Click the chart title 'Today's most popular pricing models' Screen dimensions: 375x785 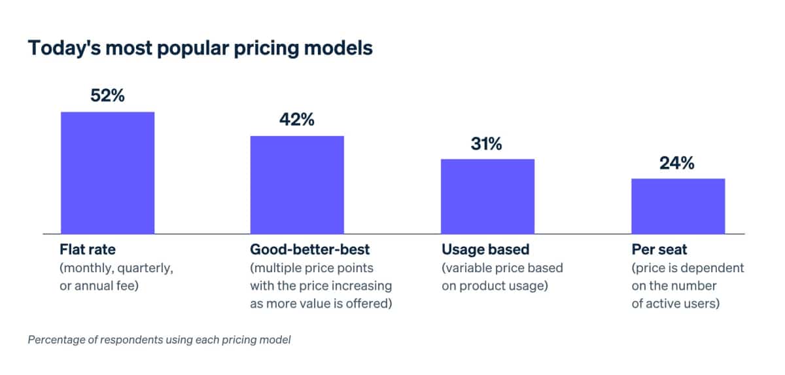click(x=200, y=49)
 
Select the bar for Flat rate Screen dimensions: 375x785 click(x=108, y=173)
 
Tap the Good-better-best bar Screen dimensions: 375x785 click(x=297, y=185)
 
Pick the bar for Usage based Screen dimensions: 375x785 click(x=487, y=196)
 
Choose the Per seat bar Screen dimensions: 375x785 click(x=678, y=206)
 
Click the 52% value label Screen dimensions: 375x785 click(x=107, y=96)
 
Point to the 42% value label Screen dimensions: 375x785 click(x=297, y=120)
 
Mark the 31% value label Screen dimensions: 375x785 click(x=487, y=143)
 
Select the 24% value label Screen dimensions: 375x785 click(x=677, y=163)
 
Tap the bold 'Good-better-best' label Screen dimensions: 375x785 click(x=310, y=249)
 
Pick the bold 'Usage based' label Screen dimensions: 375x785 click(x=485, y=249)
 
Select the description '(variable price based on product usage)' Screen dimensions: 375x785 click(x=502, y=277)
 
